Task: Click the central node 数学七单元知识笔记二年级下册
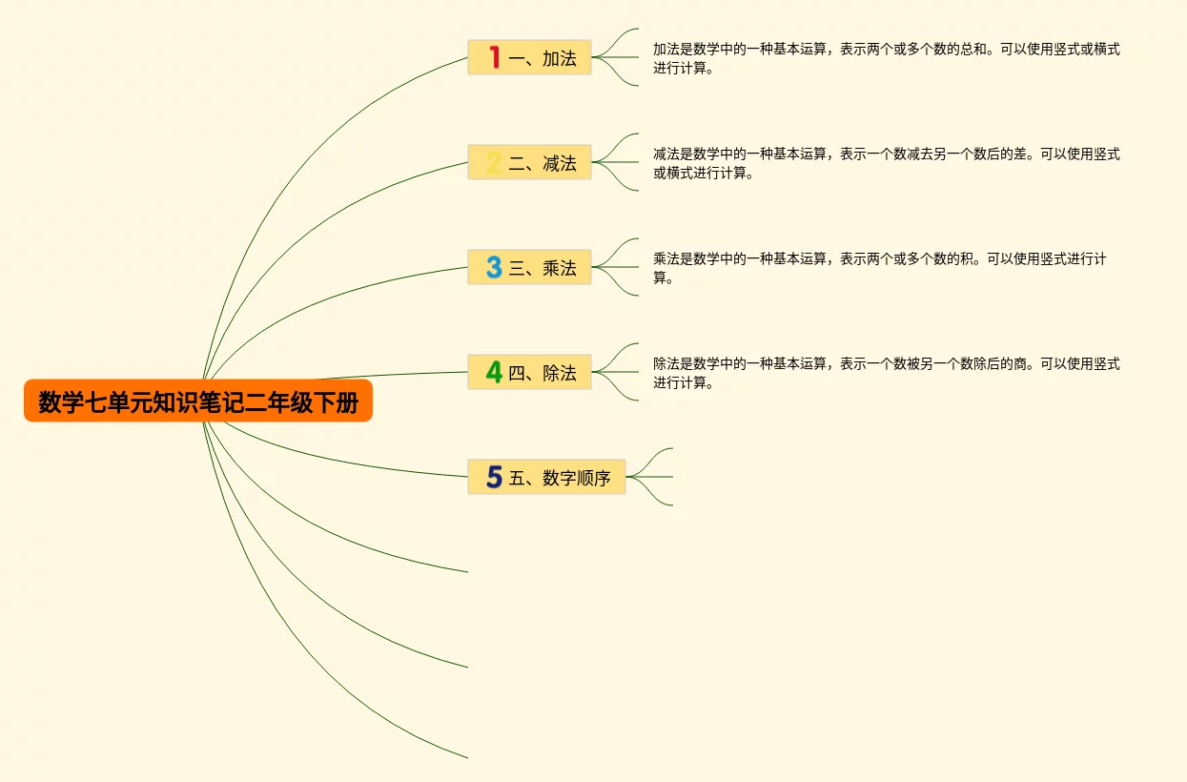[198, 402]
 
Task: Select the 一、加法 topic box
[530, 58]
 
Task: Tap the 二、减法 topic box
[530, 163]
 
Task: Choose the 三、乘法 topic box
[530, 268]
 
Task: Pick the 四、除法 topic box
[530, 373]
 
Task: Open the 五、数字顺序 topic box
[546, 478]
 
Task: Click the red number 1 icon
[494, 58]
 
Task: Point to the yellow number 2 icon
[494, 163]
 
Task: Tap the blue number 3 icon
[494, 268]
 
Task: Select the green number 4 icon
[494, 373]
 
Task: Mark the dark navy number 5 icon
[494, 478]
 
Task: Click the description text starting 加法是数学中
[886, 58]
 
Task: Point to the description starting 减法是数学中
[886, 163]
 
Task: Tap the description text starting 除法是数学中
[886, 373]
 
